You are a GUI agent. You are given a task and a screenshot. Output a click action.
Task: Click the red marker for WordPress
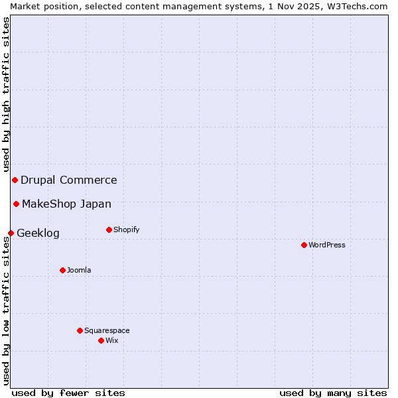(304, 245)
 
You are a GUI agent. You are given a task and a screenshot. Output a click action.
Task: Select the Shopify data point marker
(109, 230)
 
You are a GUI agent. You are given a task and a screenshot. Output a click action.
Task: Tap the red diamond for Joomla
(62, 270)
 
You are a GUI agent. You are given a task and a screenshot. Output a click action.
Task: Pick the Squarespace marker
(80, 330)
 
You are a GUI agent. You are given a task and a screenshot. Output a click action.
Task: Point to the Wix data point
(101, 340)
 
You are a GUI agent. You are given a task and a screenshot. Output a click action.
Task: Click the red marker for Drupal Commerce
(15, 180)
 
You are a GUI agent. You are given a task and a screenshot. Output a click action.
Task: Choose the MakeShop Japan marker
(16, 204)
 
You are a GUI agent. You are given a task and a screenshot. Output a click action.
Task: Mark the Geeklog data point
(11, 233)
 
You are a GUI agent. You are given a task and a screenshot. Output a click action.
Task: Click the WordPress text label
(327, 245)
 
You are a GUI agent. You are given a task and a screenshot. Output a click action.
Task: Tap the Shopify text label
(127, 230)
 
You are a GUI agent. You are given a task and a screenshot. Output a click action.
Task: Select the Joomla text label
(79, 270)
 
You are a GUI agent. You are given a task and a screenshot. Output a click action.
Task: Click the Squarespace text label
(107, 330)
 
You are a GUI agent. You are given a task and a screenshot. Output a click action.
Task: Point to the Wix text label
(112, 340)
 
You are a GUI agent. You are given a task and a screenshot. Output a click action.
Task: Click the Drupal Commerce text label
(69, 180)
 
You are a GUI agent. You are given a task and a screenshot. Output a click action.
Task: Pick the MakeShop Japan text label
(66, 204)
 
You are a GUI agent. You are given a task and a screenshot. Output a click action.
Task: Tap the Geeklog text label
(38, 233)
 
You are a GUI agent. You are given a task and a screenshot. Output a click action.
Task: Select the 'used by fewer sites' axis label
(68, 393)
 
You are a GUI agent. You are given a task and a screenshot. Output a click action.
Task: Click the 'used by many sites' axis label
(333, 393)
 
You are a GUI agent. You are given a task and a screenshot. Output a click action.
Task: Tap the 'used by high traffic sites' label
(6, 94)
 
